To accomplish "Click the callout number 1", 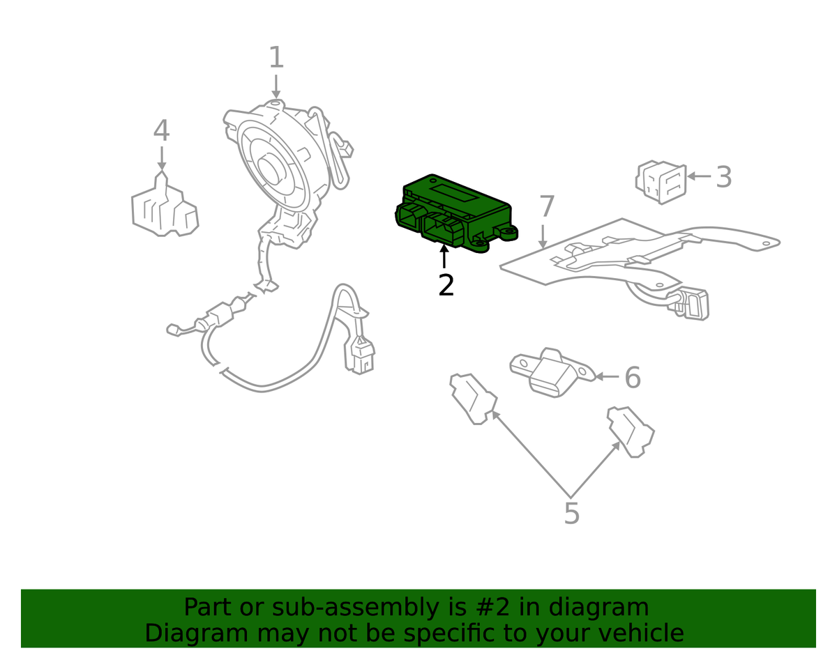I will [276, 58].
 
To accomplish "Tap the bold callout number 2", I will [446, 286].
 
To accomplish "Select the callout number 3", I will [724, 177].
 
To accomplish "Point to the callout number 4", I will [161, 131].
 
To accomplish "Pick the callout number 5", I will [571, 514].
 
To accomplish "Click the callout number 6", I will [632, 378].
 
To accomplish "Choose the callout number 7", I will [546, 207].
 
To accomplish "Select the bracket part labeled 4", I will [165, 208].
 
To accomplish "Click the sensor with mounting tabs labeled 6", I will [552, 371].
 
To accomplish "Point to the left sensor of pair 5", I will [474, 398].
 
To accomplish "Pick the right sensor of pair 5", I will [631, 431].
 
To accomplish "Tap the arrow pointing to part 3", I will [699, 176].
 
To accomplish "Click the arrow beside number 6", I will [608, 377].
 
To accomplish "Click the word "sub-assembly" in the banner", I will [341, 608].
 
